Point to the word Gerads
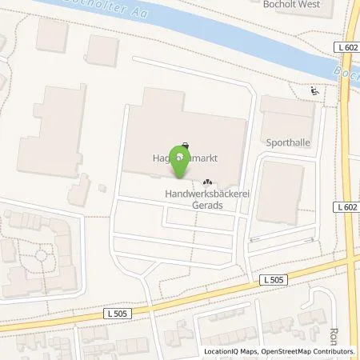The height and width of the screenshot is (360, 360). click(206, 205)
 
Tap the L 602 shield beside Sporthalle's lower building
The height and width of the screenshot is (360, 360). click(346, 206)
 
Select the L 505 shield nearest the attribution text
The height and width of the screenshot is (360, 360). click(271, 278)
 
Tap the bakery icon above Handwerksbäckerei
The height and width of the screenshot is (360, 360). click(209, 182)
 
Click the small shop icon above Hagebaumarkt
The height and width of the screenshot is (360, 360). click(186, 146)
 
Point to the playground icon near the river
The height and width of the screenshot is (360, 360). click(315, 92)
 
